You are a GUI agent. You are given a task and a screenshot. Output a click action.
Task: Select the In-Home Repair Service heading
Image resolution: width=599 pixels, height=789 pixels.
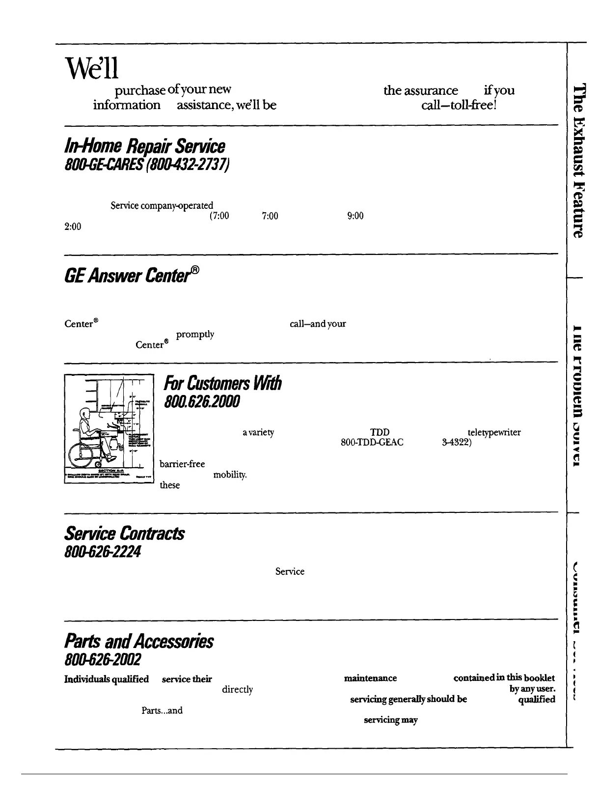145,146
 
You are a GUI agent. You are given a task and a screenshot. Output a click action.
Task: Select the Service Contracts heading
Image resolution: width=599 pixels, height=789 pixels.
125,534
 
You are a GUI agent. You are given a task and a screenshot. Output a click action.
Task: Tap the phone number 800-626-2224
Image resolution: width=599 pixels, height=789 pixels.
103,552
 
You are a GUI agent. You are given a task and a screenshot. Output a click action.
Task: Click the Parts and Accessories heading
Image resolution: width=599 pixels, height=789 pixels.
139,641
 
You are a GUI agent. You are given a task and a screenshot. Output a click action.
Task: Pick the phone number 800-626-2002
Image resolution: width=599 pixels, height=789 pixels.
103,659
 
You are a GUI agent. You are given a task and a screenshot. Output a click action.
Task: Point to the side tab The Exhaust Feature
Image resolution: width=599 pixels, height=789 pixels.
580,161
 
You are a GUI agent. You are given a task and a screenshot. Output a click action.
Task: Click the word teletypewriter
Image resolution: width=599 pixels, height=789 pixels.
494,432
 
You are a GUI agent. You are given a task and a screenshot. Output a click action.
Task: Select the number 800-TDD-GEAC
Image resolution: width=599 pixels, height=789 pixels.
372,442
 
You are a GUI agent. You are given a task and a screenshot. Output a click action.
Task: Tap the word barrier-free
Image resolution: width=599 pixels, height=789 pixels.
182,464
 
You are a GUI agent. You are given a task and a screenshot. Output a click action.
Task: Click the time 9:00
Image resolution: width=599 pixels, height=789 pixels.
355,216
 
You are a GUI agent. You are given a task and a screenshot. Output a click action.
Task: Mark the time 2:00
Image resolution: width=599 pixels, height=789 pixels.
72,226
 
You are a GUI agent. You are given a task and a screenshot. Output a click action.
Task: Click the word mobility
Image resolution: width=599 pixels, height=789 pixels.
230,475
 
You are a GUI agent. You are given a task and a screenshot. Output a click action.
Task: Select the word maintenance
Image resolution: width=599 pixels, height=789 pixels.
370,678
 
